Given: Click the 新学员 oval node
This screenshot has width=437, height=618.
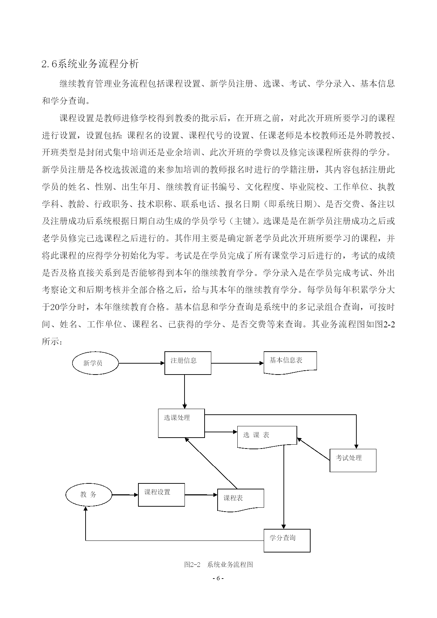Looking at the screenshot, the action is [x=95, y=363].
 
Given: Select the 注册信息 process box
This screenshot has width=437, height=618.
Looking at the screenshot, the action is [x=188, y=363].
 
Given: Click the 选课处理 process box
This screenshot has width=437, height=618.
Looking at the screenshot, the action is [x=181, y=423].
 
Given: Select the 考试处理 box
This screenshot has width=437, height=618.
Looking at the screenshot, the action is [x=353, y=461].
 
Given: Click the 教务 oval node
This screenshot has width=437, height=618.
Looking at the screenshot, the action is [x=89, y=495].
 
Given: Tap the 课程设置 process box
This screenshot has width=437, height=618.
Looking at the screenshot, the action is [x=161, y=495].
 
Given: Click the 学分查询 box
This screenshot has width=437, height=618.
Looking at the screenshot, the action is [x=287, y=540].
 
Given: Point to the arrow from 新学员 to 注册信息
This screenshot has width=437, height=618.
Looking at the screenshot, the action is [x=142, y=363].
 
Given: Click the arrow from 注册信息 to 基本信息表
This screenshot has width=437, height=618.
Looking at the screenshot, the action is [x=238, y=363].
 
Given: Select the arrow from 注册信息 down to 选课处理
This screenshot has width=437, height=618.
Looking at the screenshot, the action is [x=185, y=391].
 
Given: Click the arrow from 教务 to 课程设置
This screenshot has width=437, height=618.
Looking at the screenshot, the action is [x=125, y=495].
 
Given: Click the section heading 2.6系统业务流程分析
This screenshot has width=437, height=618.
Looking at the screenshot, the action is [x=90, y=64].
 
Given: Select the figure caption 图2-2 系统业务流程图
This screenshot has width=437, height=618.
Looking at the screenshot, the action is [x=218, y=564].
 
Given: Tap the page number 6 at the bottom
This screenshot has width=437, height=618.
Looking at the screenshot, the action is [x=218, y=579].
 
